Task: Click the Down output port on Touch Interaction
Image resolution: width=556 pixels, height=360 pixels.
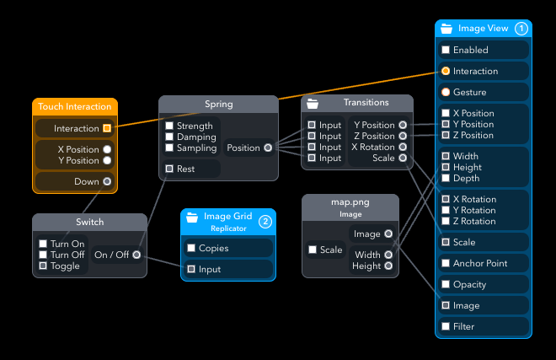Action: coord(107,181)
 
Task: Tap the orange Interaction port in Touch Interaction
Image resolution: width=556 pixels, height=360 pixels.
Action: coord(107,128)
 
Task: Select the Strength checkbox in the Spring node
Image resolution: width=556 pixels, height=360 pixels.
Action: coord(169,126)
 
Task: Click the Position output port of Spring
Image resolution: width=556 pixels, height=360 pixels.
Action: coord(268,148)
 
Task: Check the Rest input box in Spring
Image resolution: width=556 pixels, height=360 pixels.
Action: coord(169,169)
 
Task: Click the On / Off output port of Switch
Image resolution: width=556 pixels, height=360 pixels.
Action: coord(136,255)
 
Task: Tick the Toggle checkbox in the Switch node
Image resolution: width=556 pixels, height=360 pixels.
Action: coord(43,266)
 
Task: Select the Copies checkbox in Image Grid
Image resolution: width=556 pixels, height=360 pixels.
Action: coord(191,248)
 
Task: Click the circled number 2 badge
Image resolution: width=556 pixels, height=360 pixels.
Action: coord(265,222)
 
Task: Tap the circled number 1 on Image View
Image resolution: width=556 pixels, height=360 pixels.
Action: coord(521,29)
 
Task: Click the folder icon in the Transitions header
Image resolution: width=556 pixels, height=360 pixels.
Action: coord(313,104)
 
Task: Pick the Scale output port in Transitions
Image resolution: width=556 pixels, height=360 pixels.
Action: coord(403,158)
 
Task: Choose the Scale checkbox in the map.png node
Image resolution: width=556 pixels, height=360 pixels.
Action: coord(313,250)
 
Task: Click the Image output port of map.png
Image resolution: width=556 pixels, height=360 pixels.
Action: coord(388,234)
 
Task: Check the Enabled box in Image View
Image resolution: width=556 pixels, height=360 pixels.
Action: coord(446,50)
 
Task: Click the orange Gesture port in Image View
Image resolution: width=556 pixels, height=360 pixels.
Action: coord(446,92)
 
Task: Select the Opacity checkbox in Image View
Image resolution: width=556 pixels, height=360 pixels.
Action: coord(446,284)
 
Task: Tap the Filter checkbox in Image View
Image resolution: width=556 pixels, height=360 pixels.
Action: coord(446,326)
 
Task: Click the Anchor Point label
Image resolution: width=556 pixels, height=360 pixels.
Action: coord(480,263)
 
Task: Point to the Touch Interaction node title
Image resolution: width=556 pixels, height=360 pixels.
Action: coord(75,106)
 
